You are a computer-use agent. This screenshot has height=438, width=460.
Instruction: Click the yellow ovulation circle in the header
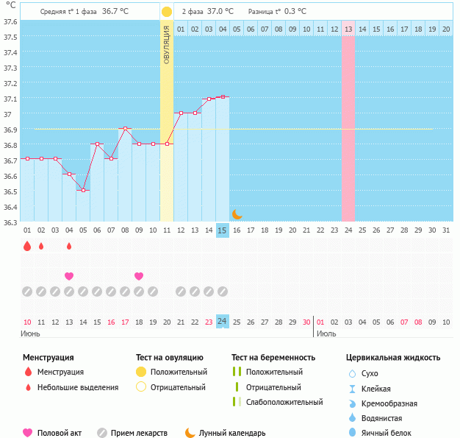coord(167,12)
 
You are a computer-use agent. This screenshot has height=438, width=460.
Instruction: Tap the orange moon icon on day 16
coord(237,214)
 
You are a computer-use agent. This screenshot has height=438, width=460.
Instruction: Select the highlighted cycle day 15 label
coord(223,230)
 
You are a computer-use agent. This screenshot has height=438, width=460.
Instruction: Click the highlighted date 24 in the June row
coord(223,322)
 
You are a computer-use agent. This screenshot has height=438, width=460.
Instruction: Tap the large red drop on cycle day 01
coord(27,247)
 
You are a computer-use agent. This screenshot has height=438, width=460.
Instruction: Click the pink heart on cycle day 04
coord(69,276)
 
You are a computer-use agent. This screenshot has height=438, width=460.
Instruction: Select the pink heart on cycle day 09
coord(139,276)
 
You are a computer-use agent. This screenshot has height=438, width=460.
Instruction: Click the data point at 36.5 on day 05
coord(83,191)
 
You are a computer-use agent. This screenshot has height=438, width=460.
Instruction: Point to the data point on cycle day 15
coord(223,97)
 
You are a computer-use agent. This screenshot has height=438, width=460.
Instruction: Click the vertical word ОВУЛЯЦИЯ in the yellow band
coord(167,44)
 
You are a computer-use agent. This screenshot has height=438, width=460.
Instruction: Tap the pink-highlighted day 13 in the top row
coord(348,29)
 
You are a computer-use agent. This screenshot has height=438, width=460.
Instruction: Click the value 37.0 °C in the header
coord(220,12)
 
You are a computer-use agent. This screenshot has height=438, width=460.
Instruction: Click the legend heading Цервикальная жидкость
coord(393,358)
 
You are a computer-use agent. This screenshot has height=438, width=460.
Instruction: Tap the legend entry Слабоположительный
coord(284,402)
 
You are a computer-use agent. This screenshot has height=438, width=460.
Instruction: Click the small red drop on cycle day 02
coord(41,247)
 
